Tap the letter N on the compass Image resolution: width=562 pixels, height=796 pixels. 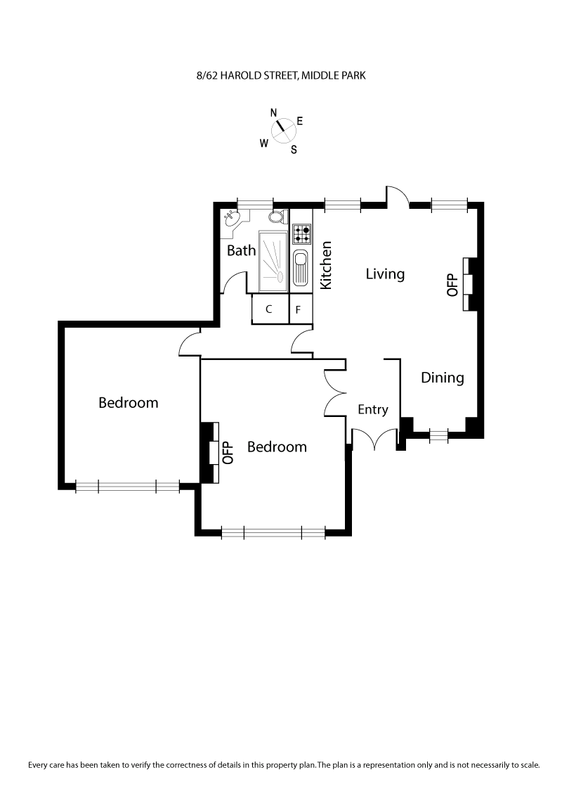click(274, 113)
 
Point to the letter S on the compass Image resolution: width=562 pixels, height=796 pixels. click(294, 149)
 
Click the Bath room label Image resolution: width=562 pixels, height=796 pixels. click(241, 250)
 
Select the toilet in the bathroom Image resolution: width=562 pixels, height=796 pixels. click(277, 217)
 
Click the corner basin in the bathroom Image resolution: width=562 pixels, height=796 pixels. click(231, 218)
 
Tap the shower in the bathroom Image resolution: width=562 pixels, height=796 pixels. click(273, 261)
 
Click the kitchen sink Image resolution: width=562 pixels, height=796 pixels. click(301, 267)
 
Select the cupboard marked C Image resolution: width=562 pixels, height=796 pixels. click(269, 309)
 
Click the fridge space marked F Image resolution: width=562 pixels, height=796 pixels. click(299, 309)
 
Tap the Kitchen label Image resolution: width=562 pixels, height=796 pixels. click(326, 266)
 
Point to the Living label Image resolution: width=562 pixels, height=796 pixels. click(385, 274)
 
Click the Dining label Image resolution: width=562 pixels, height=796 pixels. click(443, 378)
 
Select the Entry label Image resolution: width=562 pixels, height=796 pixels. click(372, 409)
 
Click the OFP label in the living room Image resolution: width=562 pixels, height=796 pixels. click(452, 283)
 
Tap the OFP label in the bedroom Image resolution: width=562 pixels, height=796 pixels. click(227, 452)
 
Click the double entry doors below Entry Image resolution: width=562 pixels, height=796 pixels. click(374, 439)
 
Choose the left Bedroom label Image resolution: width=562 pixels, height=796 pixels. click(128, 403)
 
